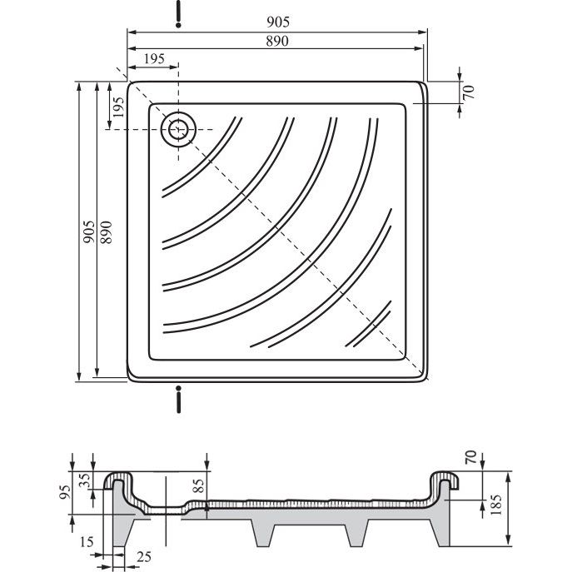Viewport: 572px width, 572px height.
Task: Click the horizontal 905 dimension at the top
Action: point(278,22)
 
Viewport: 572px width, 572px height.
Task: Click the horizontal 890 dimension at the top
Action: point(277,42)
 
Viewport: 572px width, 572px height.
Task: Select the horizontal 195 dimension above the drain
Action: point(154,59)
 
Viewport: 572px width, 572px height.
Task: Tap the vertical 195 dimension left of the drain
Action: point(118,107)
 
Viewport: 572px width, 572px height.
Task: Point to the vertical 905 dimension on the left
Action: point(88,232)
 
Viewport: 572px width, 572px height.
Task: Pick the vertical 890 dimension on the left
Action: point(106,232)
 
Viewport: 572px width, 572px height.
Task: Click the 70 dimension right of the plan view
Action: point(470,92)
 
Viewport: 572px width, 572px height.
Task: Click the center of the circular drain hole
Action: point(178,130)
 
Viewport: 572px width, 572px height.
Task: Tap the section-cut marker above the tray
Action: point(178,14)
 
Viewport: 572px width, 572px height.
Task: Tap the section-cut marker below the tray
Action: point(178,399)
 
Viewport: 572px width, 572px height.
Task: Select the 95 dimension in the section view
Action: point(66,492)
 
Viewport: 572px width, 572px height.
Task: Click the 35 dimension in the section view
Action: point(85,480)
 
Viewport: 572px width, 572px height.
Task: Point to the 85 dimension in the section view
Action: point(199,486)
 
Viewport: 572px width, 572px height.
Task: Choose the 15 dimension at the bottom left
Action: point(87,542)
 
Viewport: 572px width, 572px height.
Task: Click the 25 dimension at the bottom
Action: point(144,557)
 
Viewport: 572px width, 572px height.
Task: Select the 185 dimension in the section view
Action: point(497,505)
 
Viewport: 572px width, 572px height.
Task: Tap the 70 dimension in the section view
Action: point(471,457)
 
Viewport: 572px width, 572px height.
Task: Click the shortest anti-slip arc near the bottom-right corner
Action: point(369,324)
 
